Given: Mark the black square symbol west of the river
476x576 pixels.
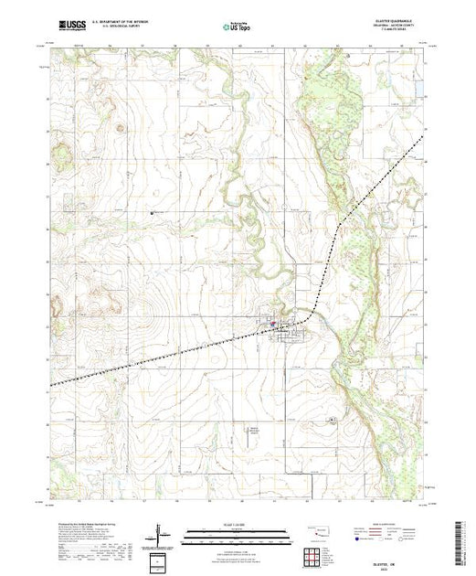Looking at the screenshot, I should [x=153, y=211].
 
